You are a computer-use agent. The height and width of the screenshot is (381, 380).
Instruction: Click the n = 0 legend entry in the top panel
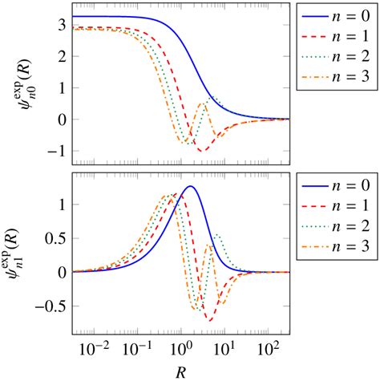tap(336, 18)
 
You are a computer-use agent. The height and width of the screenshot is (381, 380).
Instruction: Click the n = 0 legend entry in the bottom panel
tap(336, 187)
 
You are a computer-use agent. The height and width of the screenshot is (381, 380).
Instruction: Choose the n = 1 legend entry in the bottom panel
tap(336, 208)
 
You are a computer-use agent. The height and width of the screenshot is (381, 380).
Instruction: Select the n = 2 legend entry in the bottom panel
tap(336, 229)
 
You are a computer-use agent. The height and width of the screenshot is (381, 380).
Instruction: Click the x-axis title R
tap(181, 371)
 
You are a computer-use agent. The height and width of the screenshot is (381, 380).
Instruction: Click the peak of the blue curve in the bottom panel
tap(190, 186)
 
